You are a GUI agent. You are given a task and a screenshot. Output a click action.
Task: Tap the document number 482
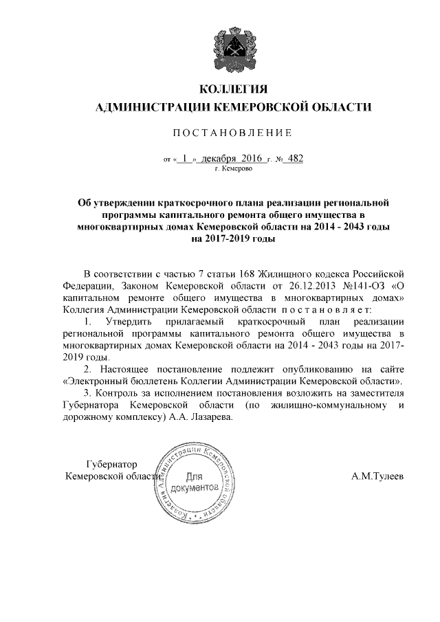(x=293, y=159)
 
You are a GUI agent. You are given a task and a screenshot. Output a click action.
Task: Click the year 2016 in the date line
(x=253, y=159)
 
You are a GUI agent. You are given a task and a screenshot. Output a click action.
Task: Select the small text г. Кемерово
(x=232, y=168)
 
